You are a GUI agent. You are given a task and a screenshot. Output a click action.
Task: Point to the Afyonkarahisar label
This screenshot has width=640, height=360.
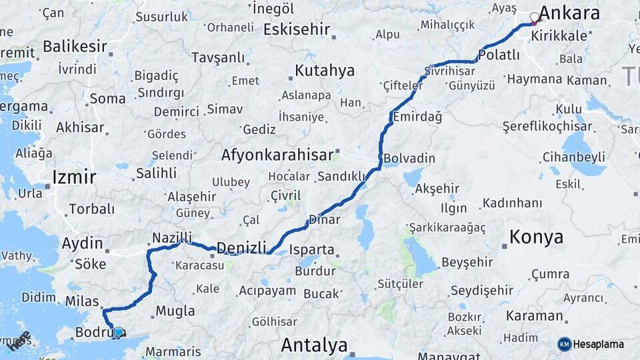[x=277, y=155]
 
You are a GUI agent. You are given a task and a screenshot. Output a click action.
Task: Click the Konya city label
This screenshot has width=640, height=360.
[x=536, y=237]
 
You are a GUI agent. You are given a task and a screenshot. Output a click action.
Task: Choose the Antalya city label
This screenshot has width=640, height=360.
[x=314, y=345]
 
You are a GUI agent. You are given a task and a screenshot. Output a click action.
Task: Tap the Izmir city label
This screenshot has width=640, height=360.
[x=74, y=177]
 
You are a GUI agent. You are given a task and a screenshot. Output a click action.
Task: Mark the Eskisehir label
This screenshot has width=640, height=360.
[x=297, y=29]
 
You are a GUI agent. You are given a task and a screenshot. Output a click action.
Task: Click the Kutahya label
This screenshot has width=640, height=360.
[x=325, y=71]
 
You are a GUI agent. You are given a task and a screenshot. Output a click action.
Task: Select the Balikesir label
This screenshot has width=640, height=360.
[x=75, y=47]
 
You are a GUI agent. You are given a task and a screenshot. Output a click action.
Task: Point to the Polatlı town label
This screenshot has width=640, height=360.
[x=499, y=55]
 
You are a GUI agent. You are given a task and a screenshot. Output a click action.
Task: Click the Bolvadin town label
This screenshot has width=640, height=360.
[x=409, y=159]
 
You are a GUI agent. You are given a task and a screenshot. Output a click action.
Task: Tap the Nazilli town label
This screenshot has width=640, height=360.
[x=172, y=237]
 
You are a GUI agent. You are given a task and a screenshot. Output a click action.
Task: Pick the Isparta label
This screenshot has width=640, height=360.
[x=311, y=250]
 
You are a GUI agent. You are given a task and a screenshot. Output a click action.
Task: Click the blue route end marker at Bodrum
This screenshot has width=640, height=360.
[x=118, y=331]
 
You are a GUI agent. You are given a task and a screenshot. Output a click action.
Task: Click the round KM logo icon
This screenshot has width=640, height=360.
[x=564, y=344]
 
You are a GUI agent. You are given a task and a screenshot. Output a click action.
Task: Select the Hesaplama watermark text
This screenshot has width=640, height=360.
[x=598, y=345]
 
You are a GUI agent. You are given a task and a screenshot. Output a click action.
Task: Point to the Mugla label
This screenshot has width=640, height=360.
[x=175, y=311]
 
